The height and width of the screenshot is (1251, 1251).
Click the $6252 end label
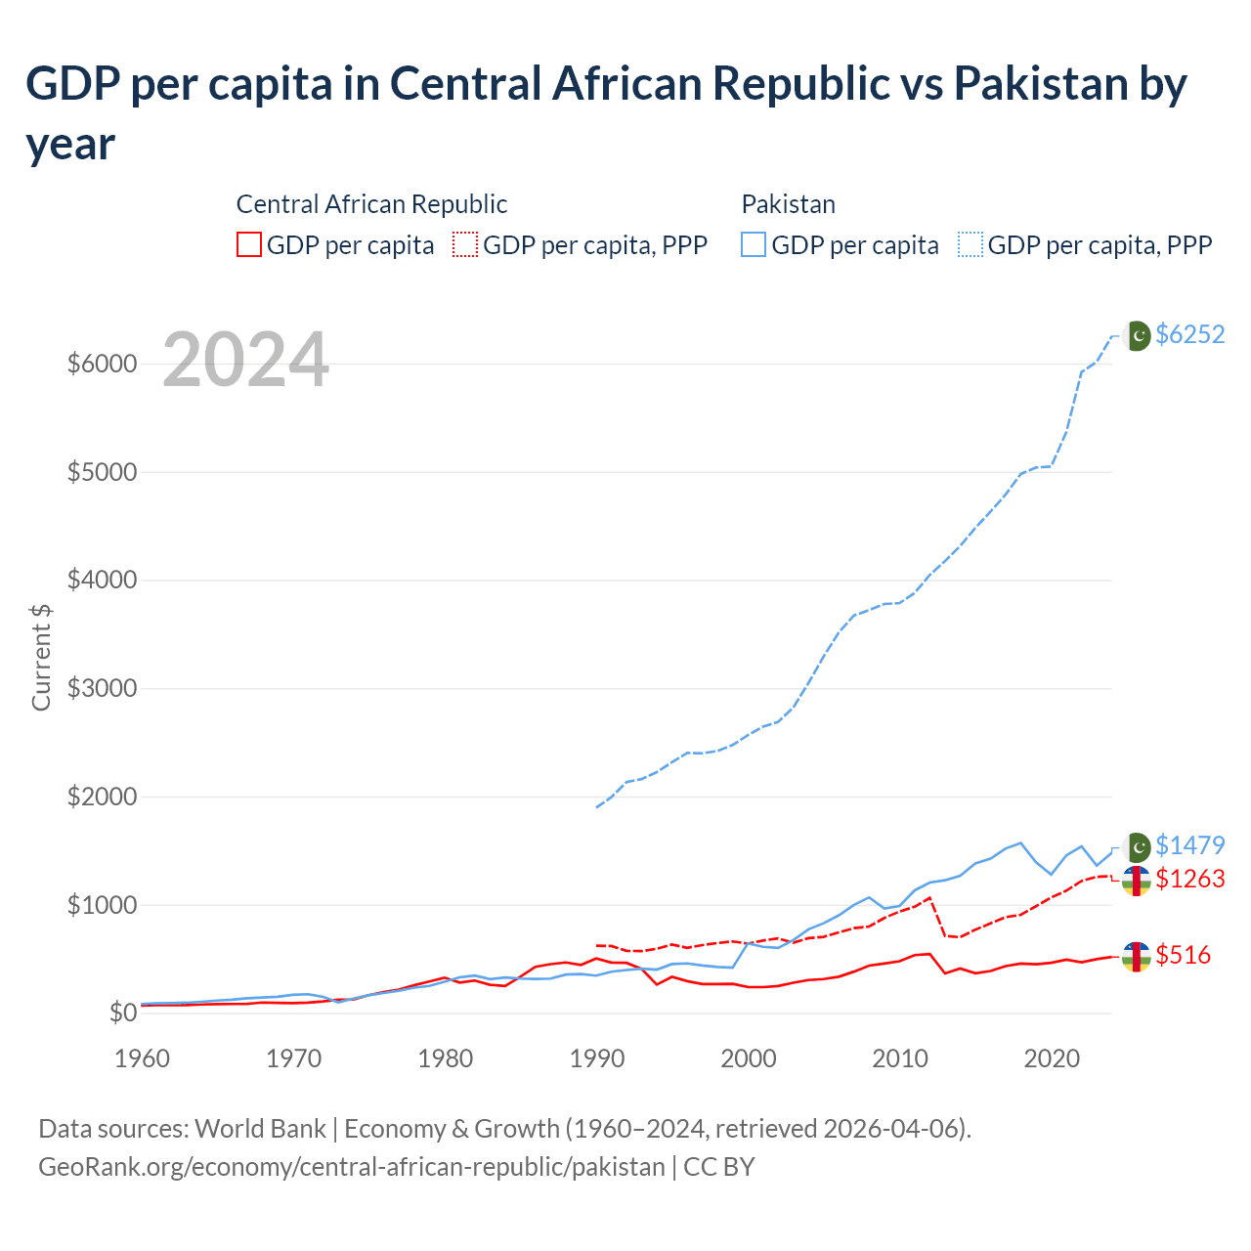(x=1189, y=334)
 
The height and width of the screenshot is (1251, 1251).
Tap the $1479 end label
(x=1189, y=845)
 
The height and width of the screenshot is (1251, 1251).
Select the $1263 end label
(x=1189, y=879)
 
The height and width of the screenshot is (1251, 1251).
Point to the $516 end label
(x=1183, y=955)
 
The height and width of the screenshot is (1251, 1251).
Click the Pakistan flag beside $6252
(x=1137, y=335)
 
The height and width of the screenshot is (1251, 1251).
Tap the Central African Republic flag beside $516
(x=1136, y=957)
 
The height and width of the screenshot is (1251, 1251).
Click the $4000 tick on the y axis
(x=102, y=581)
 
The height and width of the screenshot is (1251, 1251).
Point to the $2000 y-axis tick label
(x=102, y=797)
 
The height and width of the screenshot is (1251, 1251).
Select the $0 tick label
(x=122, y=1013)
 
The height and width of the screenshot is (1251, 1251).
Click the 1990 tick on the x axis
(x=596, y=1058)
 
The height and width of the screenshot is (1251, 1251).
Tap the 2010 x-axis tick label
(x=899, y=1058)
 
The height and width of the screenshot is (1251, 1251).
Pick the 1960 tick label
(x=143, y=1058)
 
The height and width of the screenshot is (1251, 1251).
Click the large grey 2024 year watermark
(x=245, y=360)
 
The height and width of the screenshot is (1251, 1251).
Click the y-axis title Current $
(x=41, y=657)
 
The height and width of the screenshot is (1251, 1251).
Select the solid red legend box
(x=249, y=244)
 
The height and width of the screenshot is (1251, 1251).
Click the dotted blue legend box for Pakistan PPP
(x=971, y=244)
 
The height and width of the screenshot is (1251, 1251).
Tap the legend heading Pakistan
(x=788, y=204)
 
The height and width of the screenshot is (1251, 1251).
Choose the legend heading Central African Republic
(x=371, y=204)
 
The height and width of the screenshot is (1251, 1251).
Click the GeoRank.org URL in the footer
(x=351, y=1167)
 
